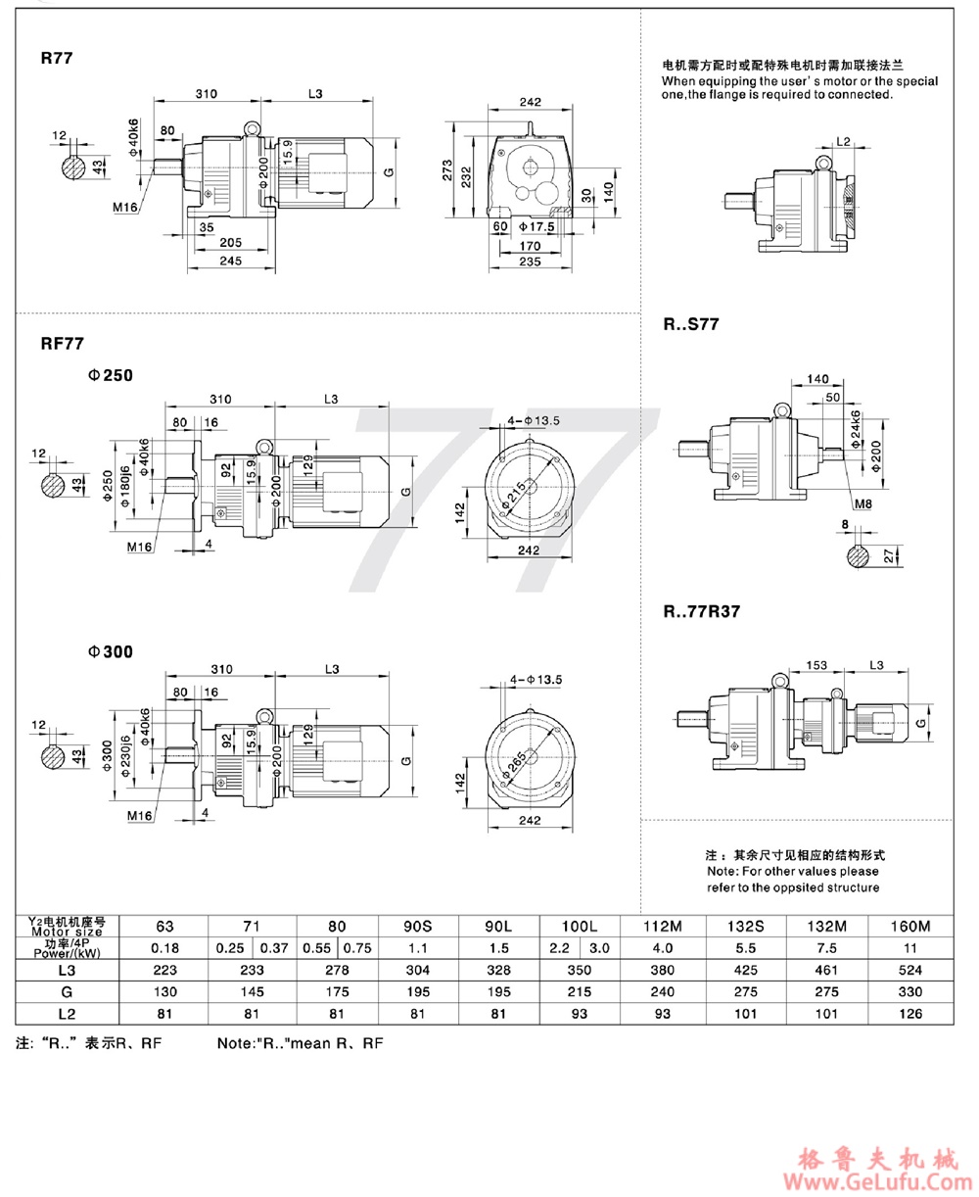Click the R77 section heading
(x=58, y=58)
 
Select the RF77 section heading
(x=63, y=344)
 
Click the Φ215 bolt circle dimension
(x=515, y=493)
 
